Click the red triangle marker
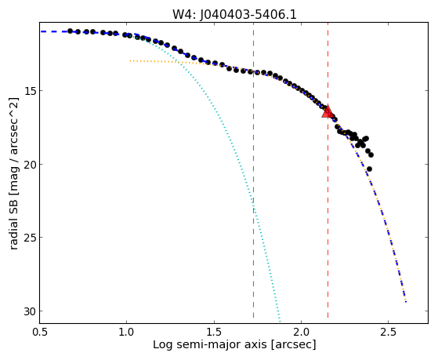(x=328, y=111)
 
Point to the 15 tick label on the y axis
(x=30, y=91)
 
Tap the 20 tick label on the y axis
(x=30, y=164)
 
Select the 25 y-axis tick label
(x=30, y=238)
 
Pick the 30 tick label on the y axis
(x=30, y=311)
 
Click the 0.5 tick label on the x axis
(x=40, y=332)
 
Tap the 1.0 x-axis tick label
(x=127, y=332)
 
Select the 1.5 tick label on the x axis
(x=214, y=332)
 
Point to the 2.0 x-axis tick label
(x=301, y=332)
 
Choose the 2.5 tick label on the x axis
(x=389, y=332)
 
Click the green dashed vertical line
(x=253, y=169)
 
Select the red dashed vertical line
(x=328, y=169)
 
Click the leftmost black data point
(x=70, y=31)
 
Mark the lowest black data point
(x=369, y=169)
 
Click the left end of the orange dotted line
(x=130, y=60)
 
